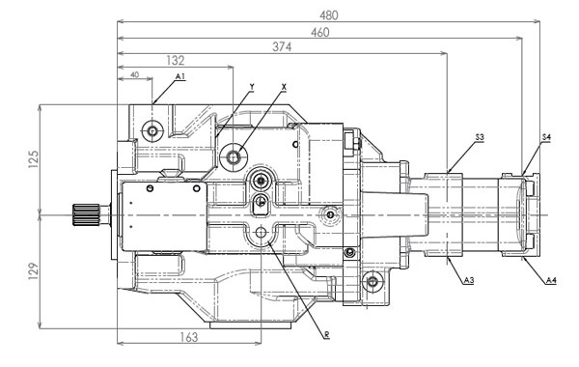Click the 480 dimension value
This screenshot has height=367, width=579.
[x=329, y=15]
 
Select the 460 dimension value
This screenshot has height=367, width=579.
[x=319, y=33]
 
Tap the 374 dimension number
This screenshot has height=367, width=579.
[x=282, y=47]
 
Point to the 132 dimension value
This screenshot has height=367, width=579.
[x=176, y=61]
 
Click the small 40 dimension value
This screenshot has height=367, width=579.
[x=135, y=74]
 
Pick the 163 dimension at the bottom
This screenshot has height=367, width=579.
[x=189, y=337]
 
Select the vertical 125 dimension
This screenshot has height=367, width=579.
[x=33, y=159]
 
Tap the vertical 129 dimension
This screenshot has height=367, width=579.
[x=33, y=271]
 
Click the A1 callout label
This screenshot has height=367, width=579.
[x=180, y=77]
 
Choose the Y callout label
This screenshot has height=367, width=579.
[x=252, y=87]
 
